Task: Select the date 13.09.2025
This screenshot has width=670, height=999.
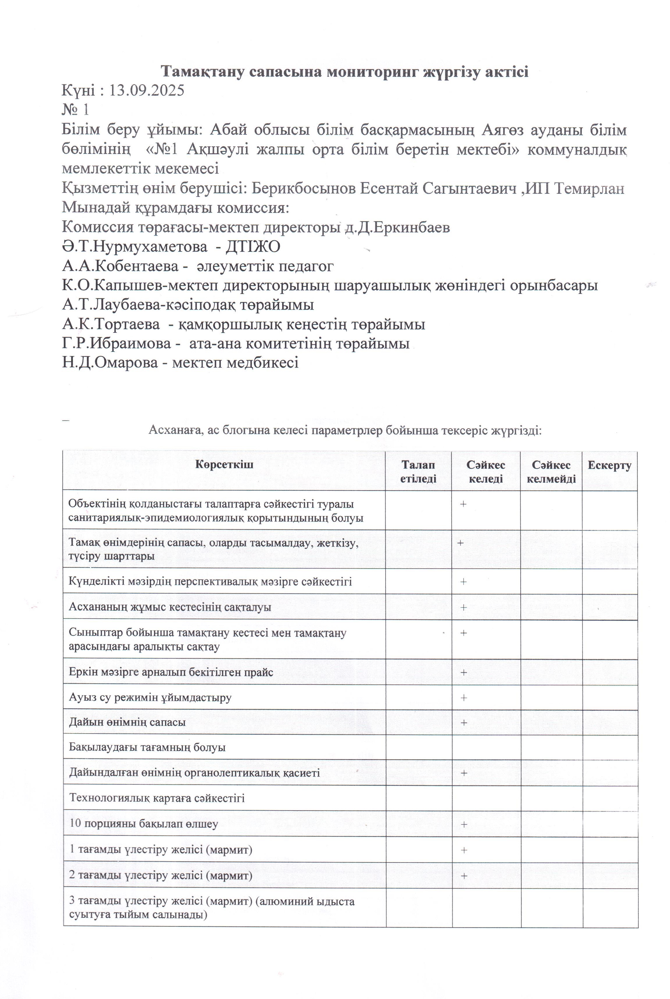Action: [146, 91]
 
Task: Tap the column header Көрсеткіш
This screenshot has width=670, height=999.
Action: [224, 465]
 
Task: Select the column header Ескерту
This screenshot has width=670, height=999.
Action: [609, 465]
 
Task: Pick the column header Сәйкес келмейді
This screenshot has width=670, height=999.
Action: [551, 472]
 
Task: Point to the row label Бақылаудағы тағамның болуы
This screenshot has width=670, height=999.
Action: [147, 748]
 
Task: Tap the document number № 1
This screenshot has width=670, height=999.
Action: [76, 110]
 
